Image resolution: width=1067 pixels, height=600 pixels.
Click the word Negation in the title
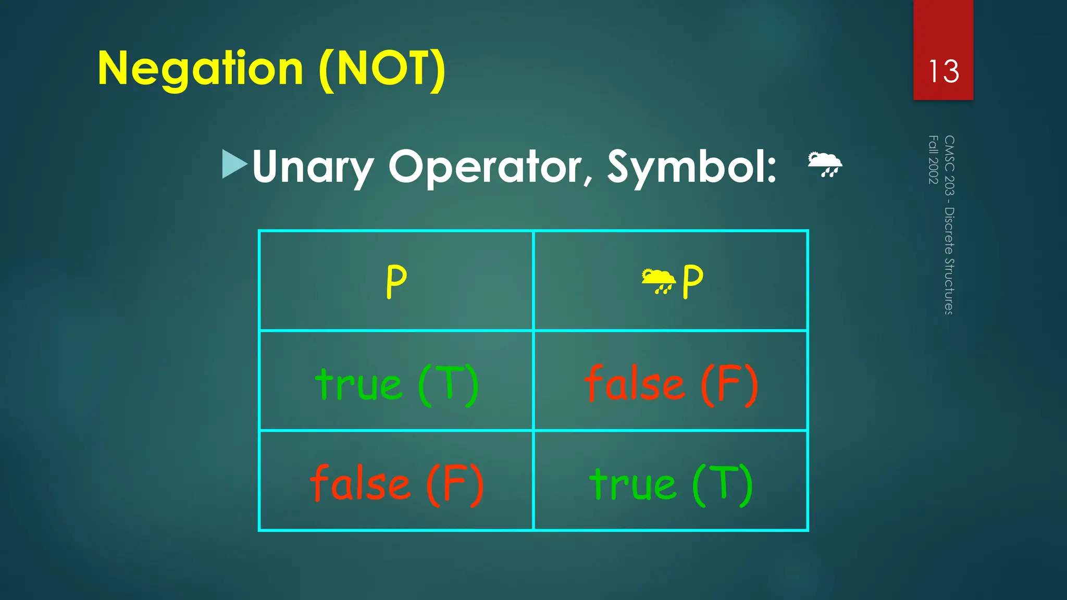[x=200, y=69]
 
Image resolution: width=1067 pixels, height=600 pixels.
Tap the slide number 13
[x=943, y=71]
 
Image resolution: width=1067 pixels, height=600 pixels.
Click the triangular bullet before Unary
[x=234, y=164]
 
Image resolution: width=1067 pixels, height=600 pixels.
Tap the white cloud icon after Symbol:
[x=824, y=165]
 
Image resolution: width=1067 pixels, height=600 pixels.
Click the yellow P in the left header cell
[x=396, y=282]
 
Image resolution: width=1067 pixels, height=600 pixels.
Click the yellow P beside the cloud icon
[x=692, y=282]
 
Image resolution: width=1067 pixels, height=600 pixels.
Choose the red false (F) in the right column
[x=671, y=384]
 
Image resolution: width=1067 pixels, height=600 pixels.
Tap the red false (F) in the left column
[x=396, y=484]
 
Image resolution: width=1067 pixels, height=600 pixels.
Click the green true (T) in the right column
[x=671, y=484]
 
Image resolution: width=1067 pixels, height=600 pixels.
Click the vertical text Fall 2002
[x=933, y=159]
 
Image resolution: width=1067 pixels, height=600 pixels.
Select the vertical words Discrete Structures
[x=949, y=260]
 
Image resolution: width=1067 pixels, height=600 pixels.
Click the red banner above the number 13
[x=943, y=26]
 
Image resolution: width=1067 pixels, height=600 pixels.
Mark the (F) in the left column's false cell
[x=455, y=484]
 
